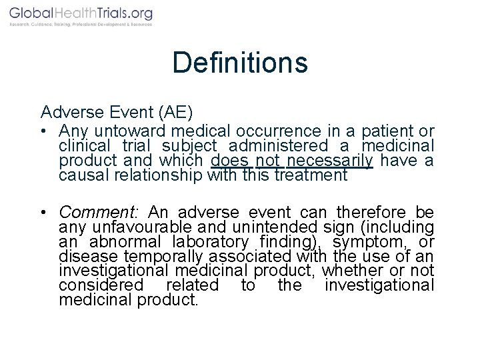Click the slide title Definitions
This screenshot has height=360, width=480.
[240, 63]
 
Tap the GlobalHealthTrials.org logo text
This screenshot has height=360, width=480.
[81, 13]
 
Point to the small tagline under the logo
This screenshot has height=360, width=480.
[81, 25]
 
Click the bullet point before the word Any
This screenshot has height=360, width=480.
[44, 130]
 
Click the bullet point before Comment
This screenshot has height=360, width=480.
[44, 213]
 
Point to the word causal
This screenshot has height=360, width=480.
[81, 176]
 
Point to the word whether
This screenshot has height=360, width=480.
[359, 271]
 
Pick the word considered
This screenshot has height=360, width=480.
[101, 285]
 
